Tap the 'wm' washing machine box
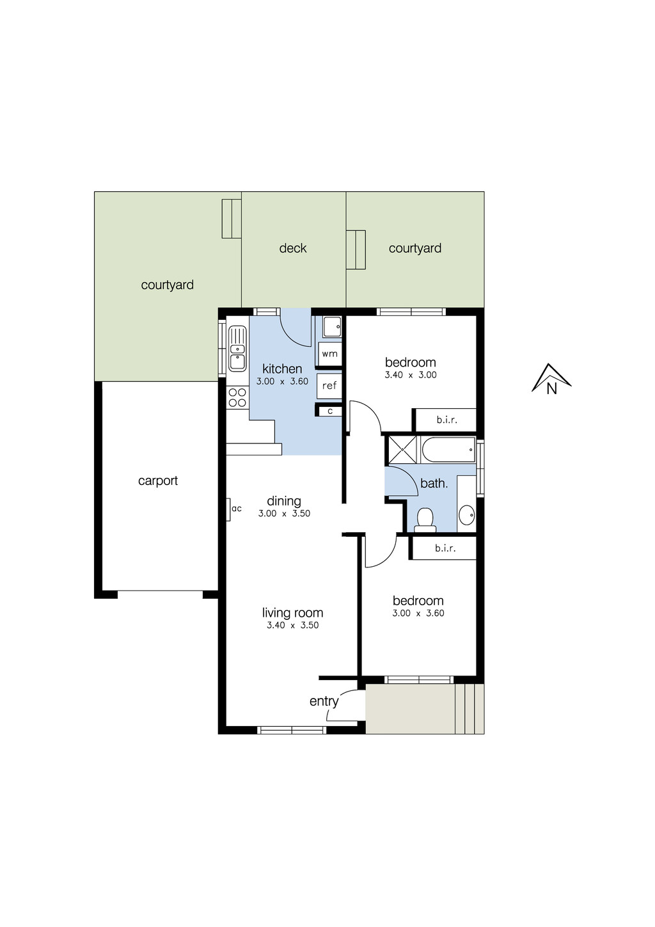click(329, 354)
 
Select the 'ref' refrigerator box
click(329, 386)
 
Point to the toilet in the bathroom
click(425, 520)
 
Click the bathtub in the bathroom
click(448, 450)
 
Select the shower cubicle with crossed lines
click(402, 450)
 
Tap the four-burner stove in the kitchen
click(237, 397)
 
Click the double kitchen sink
click(237, 349)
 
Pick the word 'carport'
click(158, 481)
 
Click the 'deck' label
click(293, 248)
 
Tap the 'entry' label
click(324, 701)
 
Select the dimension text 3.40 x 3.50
click(292, 626)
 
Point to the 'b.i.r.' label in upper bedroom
click(446, 420)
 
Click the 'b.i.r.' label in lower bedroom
click(445, 548)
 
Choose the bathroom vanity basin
click(467, 514)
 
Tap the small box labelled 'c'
click(330, 411)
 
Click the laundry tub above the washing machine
click(331, 328)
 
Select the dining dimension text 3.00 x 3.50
click(284, 514)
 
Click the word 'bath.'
click(434, 484)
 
